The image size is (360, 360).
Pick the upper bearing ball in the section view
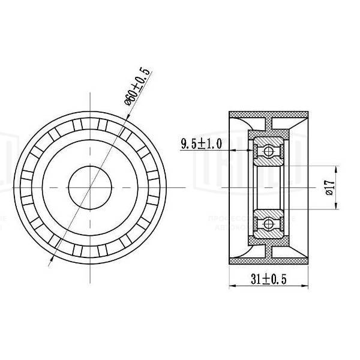pyautogui.click(x=270, y=151)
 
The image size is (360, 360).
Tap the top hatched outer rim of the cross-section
pyautogui.click(x=270, y=113)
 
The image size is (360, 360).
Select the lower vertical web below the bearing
pyautogui.click(x=270, y=250)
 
